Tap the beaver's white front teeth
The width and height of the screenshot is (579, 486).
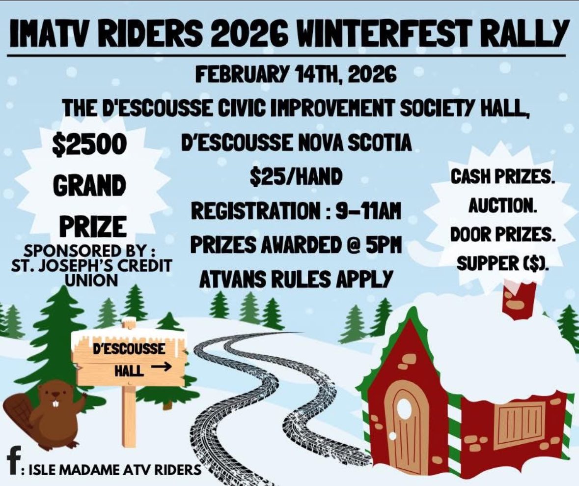click(56, 403)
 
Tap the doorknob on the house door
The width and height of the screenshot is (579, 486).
click(392, 436)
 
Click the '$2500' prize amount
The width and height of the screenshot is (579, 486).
click(89, 144)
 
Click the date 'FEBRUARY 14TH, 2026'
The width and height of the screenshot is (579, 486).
click(296, 75)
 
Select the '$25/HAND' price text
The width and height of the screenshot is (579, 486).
click(296, 176)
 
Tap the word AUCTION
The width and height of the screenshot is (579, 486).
click(502, 205)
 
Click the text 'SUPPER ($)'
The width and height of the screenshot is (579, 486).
click(503, 263)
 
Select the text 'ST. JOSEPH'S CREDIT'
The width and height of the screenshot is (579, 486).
click(91, 266)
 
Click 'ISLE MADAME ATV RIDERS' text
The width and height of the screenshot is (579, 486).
click(115, 469)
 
